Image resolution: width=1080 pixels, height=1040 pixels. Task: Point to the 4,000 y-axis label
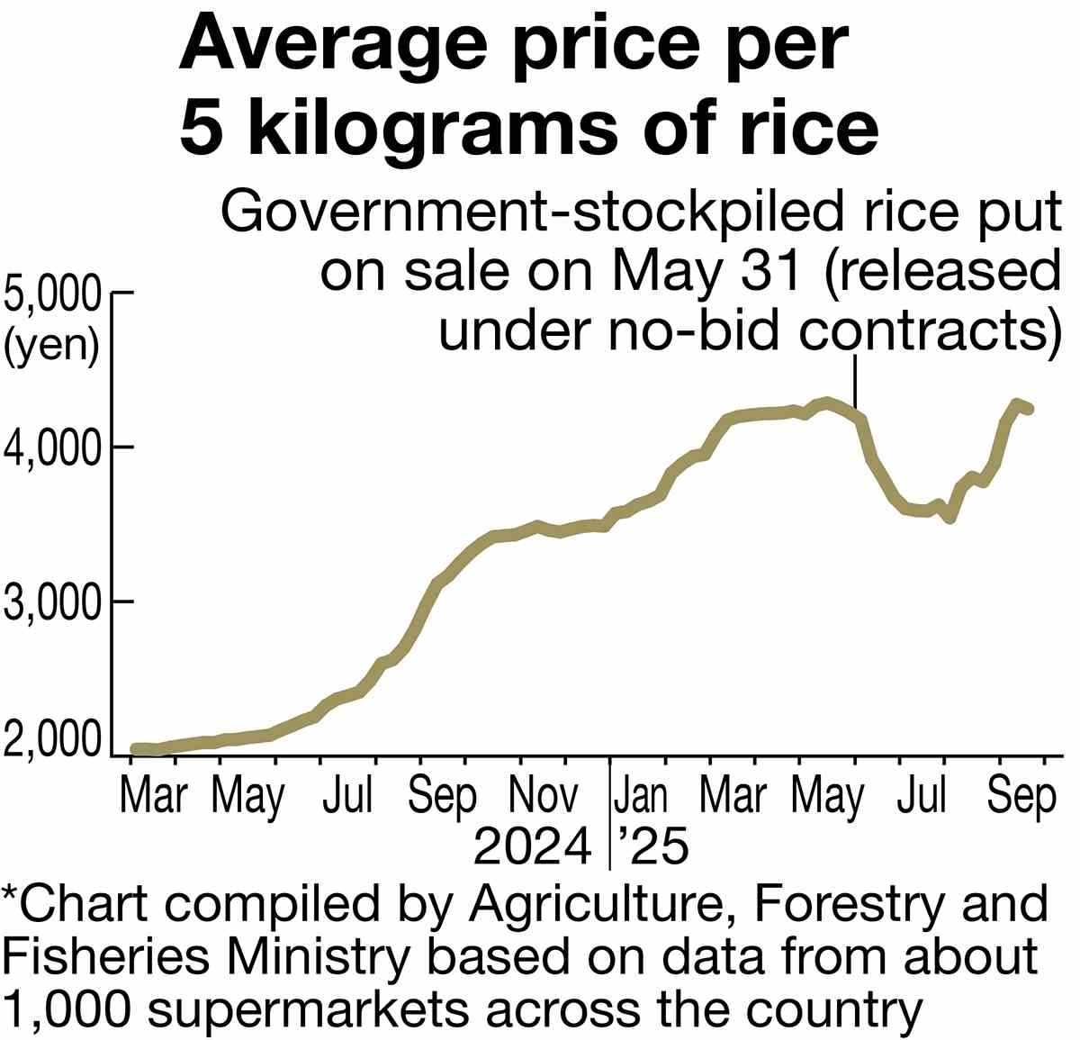(x=52, y=448)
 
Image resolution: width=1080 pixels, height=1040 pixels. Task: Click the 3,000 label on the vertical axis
(x=52, y=601)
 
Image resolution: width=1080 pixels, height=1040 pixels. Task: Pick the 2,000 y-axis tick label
(x=52, y=739)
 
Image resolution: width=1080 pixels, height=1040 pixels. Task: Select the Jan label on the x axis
(x=641, y=797)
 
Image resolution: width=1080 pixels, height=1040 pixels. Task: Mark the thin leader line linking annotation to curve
(x=854, y=383)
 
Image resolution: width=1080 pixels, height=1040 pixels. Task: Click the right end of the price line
(x=1029, y=409)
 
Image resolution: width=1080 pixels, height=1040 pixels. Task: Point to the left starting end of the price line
(x=136, y=749)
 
